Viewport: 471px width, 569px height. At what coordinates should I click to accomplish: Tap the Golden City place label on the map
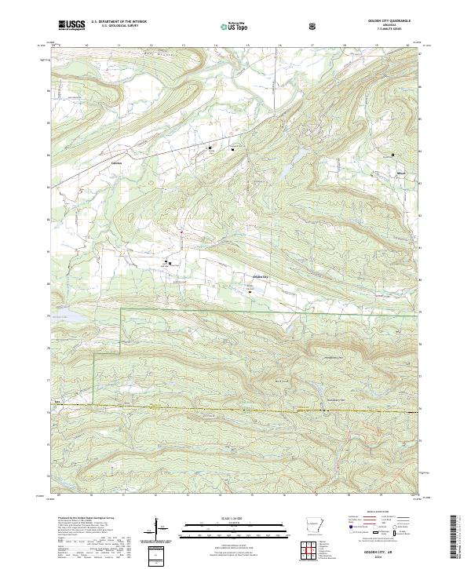[x=260, y=277]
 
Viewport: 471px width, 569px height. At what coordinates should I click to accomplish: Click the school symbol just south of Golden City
[x=250, y=293]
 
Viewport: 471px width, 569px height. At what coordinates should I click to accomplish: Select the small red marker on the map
[x=181, y=232]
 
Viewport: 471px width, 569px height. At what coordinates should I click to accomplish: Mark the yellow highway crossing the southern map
[x=235, y=408]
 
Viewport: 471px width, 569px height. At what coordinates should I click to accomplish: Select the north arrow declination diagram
[x=159, y=526]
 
